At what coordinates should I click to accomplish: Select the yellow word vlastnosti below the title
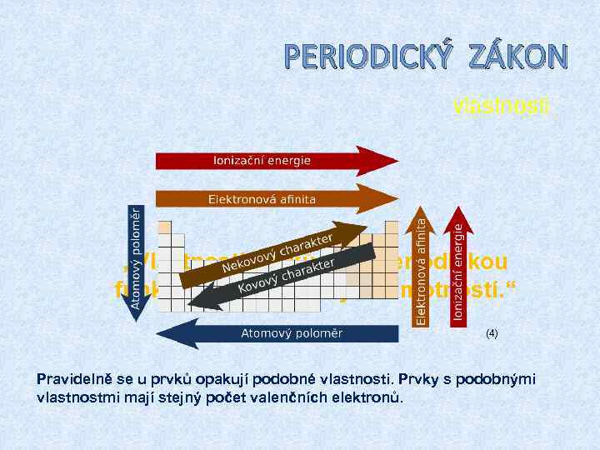pyautogui.click(x=500, y=106)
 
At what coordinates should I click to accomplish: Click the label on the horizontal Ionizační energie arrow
pyautogui.click(x=262, y=160)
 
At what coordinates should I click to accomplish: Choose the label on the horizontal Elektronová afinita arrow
pyautogui.click(x=262, y=198)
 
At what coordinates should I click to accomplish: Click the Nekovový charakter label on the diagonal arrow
pyautogui.click(x=279, y=253)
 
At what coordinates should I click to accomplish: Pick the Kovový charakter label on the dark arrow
pyautogui.click(x=286, y=276)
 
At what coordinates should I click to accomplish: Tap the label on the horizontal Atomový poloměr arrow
pyautogui.click(x=291, y=333)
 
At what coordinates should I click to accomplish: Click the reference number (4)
pyautogui.click(x=492, y=333)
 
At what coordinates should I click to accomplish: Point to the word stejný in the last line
pyautogui.click(x=198, y=397)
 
